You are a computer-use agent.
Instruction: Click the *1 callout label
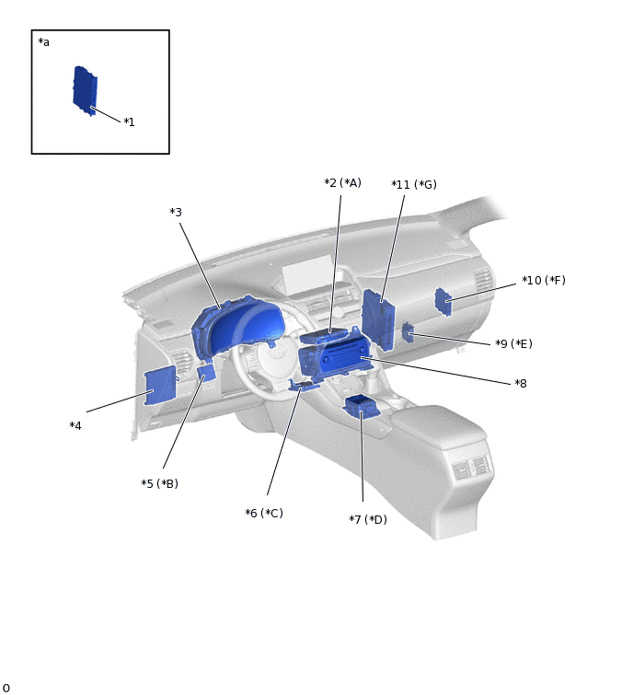tap(129, 122)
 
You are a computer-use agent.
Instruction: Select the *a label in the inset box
tap(44, 42)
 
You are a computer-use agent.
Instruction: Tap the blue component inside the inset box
tap(85, 91)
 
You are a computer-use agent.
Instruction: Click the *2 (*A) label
tap(342, 182)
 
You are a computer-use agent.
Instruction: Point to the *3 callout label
tap(176, 213)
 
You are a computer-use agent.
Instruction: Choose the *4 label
tap(75, 426)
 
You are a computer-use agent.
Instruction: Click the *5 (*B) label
tap(159, 483)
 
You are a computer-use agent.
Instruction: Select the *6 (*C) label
tap(264, 514)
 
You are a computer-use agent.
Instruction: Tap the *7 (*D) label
tap(368, 519)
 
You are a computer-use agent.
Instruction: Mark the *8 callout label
tap(521, 384)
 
